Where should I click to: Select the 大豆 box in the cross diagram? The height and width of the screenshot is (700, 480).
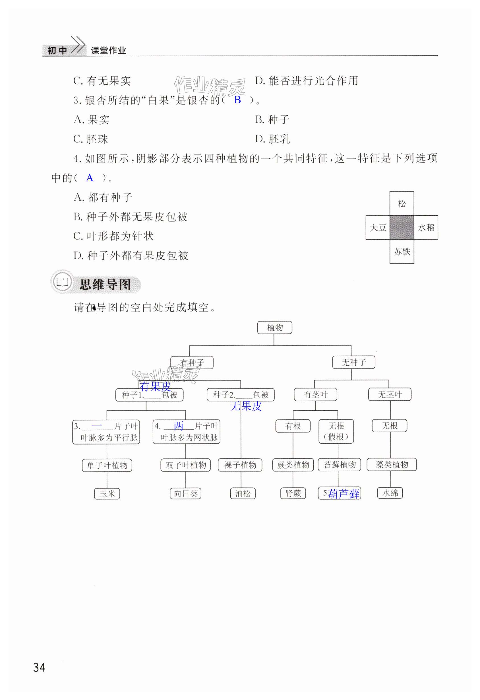pyautogui.click(x=378, y=227)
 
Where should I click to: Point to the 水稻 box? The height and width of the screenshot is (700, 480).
pyautogui.click(x=426, y=227)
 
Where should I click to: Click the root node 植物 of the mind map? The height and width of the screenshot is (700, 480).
pyautogui.click(x=274, y=328)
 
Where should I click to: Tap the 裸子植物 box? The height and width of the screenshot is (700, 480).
pyautogui.click(x=240, y=465)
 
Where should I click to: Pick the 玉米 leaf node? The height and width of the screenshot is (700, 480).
pyautogui.click(x=107, y=494)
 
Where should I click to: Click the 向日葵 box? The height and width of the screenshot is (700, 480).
pyautogui.click(x=185, y=493)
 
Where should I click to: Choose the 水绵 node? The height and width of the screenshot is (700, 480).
pyautogui.click(x=390, y=493)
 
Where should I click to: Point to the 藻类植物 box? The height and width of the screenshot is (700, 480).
pyautogui.click(x=391, y=464)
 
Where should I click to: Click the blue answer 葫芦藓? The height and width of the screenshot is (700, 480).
pyautogui.click(x=344, y=494)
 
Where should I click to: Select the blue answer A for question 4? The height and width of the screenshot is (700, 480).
pyautogui.click(x=89, y=178)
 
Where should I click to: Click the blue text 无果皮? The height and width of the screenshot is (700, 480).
pyautogui.click(x=246, y=406)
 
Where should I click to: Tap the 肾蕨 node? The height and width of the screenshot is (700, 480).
pyautogui.click(x=293, y=493)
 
